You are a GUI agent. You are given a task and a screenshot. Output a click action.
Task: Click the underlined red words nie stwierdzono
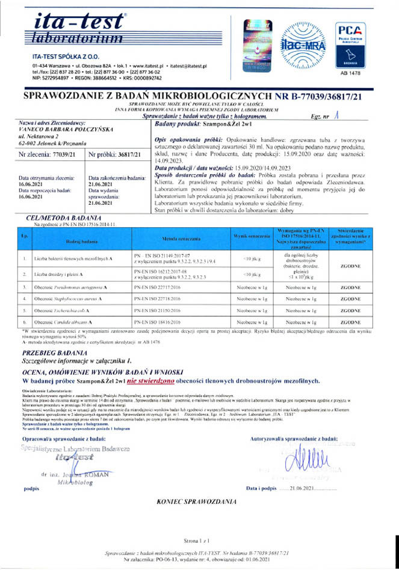(x=153, y=381)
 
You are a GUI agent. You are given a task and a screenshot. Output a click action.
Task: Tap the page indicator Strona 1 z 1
(x=199, y=543)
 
